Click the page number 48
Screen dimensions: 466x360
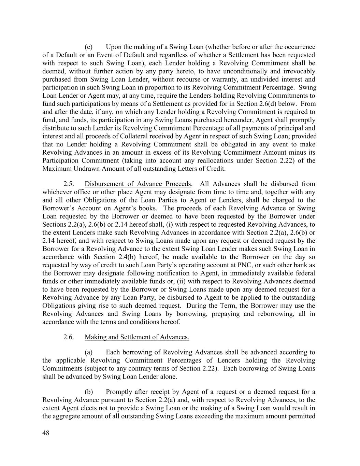[46, 433]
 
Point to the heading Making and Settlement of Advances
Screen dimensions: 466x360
[137, 337]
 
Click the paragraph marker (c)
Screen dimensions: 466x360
[88, 47]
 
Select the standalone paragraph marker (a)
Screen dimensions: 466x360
[88, 352]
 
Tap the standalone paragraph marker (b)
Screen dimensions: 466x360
[88, 392]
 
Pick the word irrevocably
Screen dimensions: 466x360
[298, 71]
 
